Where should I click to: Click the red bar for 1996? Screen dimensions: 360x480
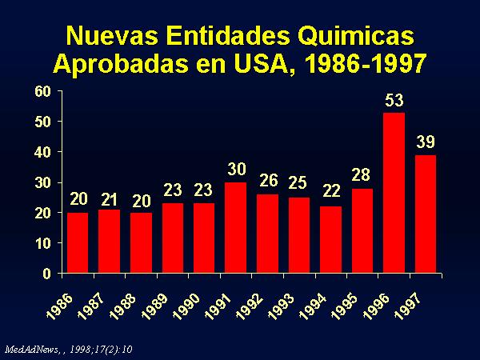pos(394,193)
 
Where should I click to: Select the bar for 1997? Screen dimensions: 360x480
pos(426,214)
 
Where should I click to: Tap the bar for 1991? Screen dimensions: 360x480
pos(235,228)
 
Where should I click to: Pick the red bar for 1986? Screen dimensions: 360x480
pos(78,243)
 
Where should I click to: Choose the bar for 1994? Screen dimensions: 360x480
pos(330,240)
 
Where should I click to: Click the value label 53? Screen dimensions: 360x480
pos(394,102)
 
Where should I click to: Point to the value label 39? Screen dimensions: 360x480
pos(426,143)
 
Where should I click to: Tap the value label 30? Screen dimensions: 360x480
pos(235,170)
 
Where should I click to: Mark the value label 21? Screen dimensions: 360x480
pos(109,198)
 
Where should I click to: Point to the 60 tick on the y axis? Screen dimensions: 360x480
pos(43,91)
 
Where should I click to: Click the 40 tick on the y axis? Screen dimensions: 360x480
pos(43,152)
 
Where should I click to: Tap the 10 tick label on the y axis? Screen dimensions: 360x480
pos(43,243)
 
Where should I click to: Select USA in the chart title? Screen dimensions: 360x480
pos(259,62)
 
